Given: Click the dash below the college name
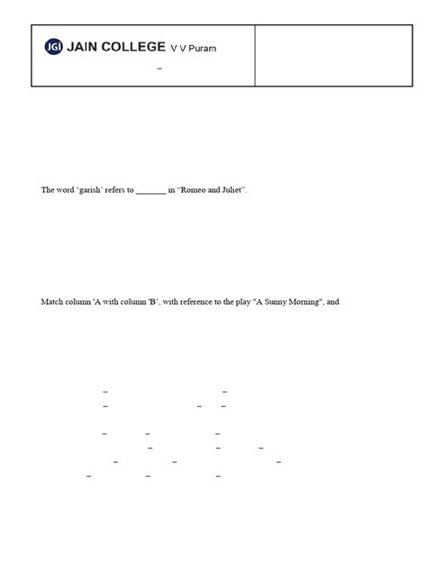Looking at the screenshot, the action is point(159,69).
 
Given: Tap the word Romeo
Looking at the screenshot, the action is point(194,191).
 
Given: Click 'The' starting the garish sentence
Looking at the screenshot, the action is point(48,191).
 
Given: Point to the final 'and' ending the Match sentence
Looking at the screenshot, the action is point(332,301).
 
